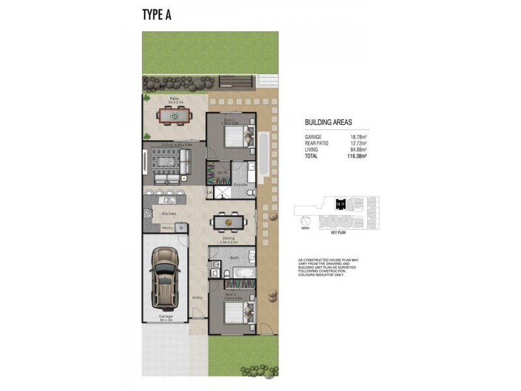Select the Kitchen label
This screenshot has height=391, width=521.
click(169, 214)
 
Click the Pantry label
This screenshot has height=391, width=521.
click(167, 228)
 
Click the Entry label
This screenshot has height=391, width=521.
click(198, 298)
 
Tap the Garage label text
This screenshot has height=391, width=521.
click(165, 317)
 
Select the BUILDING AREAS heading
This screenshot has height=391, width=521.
click(329, 122)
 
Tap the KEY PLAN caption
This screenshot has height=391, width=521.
click(338, 232)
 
